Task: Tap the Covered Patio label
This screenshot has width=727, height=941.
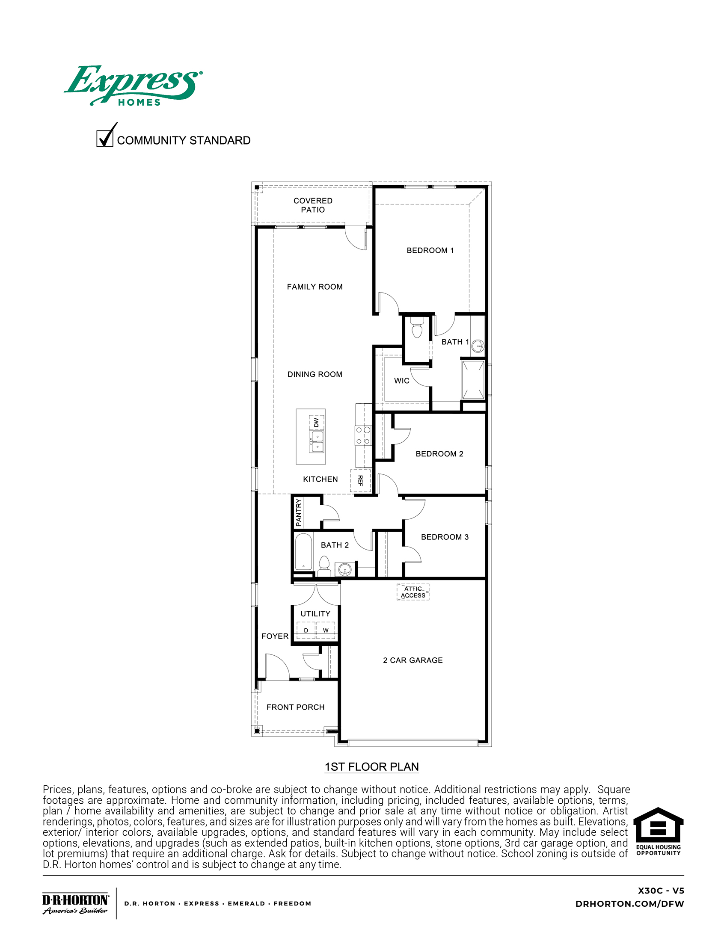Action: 313,205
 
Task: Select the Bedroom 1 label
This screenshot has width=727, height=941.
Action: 430,250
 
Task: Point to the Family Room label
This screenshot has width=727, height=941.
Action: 315,287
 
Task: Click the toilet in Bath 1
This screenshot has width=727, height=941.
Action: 417,328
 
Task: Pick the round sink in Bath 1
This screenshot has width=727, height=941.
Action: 478,346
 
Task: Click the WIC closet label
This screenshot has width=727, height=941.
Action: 402,381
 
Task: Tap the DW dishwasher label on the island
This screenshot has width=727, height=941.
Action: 317,423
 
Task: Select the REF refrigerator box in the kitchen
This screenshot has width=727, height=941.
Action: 360,480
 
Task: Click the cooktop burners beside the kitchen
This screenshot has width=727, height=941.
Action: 363,435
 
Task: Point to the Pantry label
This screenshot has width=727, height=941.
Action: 299,512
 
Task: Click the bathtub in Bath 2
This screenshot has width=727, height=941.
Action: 303,552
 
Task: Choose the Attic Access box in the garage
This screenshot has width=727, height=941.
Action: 413,592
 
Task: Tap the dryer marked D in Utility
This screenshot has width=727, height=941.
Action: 306,630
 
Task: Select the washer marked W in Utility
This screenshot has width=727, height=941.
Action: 326,630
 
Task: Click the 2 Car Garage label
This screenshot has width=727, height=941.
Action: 413,660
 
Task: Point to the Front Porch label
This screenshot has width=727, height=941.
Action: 295,707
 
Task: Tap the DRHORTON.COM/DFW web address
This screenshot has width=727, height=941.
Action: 629,904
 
